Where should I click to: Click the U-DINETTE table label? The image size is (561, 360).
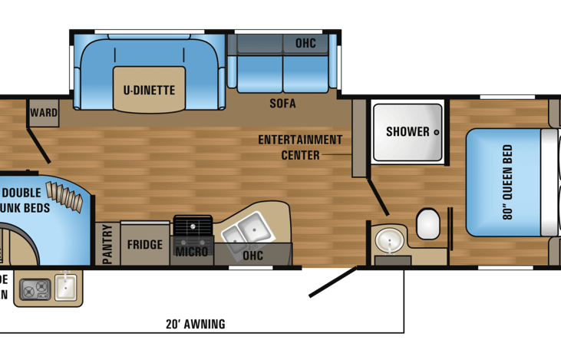tap(149, 91)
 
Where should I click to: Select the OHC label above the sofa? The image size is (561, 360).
tap(305, 44)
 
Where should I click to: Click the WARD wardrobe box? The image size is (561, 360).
tap(44, 113)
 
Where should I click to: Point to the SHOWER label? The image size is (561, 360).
tap(408, 131)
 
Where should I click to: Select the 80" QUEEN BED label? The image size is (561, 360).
tap(507, 182)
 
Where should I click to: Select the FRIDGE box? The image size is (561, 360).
tap(144, 245)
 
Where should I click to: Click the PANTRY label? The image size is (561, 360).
tap(107, 245)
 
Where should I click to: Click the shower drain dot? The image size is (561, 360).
tap(436, 132)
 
